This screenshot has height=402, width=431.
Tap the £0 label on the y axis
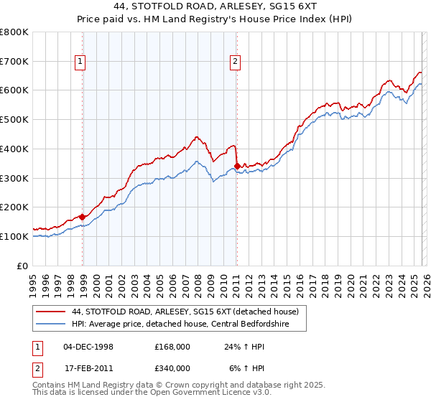[24, 266]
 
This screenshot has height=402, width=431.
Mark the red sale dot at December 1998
[83, 216]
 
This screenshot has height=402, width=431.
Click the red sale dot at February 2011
[237, 167]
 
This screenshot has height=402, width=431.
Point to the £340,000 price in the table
[172, 368]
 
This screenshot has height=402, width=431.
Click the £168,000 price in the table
[172, 347]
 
